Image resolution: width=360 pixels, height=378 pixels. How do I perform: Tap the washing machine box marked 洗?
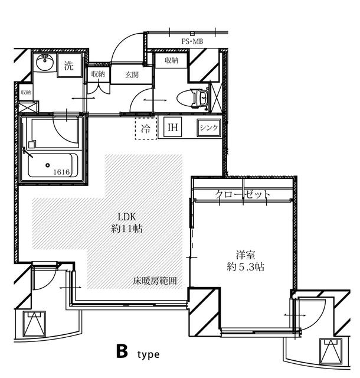tap(69, 66)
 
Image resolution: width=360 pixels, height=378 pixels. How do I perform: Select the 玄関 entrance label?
tap(132, 75)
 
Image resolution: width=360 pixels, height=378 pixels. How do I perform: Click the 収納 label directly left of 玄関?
tap(98, 74)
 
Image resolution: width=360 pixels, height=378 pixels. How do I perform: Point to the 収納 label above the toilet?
tap(172, 60)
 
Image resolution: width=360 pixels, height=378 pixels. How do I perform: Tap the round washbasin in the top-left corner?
tap(44, 61)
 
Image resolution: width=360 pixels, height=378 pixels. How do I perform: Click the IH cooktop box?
tap(173, 128)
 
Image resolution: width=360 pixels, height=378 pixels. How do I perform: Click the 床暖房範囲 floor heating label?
tap(154, 281)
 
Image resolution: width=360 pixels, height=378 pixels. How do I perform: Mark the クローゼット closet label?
tap(243, 194)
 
